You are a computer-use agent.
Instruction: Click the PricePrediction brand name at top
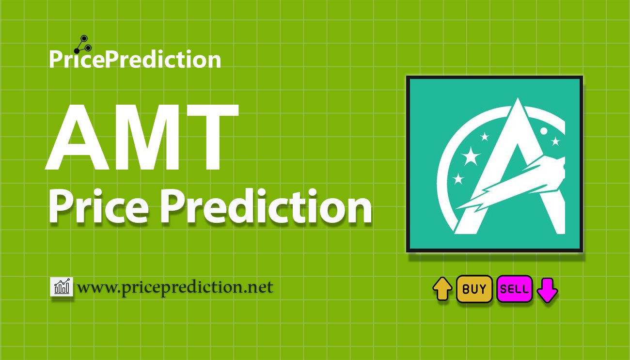point(135,60)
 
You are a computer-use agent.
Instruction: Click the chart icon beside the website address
point(62,287)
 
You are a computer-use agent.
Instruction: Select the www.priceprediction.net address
point(175,287)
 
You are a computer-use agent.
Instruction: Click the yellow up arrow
point(442,289)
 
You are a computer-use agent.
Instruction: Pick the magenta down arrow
point(548,290)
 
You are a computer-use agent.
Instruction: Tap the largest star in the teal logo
point(470,156)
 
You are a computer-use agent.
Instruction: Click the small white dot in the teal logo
point(544,131)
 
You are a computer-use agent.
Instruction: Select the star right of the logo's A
point(555,141)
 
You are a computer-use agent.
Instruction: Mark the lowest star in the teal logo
point(458,179)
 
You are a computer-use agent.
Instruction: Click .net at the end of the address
point(260,287)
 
